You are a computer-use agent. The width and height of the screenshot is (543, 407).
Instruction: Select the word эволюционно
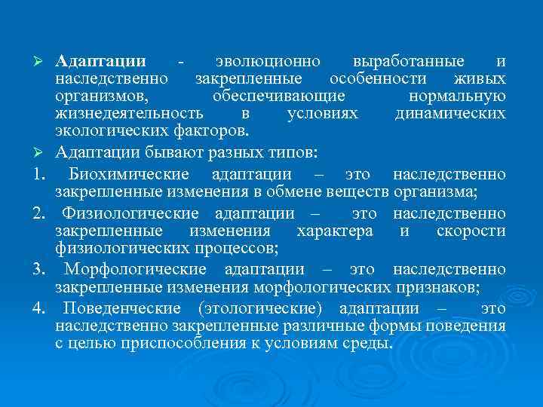click(x=267, y=61)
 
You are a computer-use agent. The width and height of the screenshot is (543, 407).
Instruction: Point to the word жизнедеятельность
click(x=129, y=114)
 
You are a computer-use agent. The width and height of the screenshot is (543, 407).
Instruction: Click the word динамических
click(x=450, y=114)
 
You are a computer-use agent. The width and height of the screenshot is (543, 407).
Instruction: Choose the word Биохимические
click(x=126, y=175)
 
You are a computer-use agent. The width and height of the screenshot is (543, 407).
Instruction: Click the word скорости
click(x=471, y=231)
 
